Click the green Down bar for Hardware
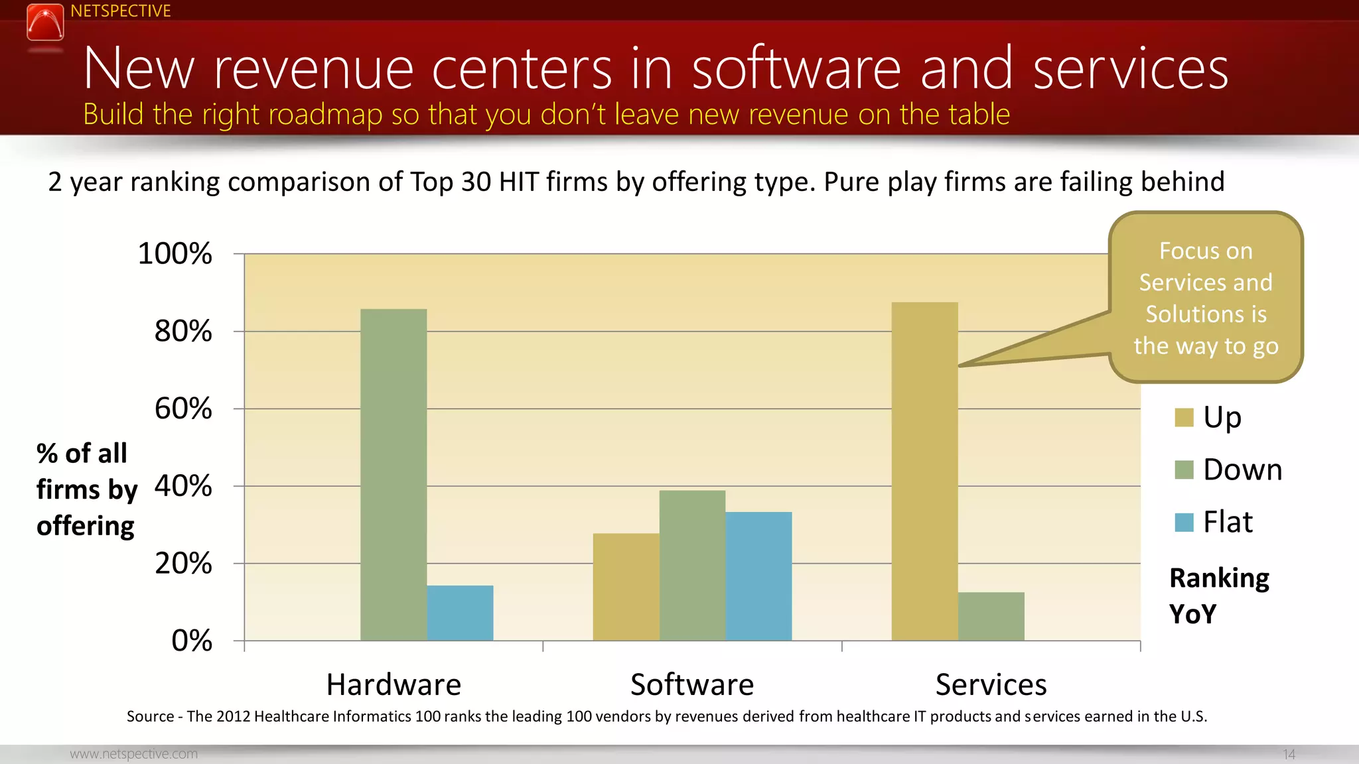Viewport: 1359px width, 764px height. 393,474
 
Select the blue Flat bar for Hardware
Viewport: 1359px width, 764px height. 460,613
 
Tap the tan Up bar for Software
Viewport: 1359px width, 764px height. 626,587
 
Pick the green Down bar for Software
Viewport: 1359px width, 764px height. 692,565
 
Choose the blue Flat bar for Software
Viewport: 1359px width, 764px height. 758,576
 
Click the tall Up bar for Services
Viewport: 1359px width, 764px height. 924,471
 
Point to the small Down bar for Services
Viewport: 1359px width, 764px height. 991,616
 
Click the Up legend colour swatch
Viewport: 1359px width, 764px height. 1184,418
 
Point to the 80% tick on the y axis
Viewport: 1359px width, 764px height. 183,331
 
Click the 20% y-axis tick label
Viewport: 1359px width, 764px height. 183,564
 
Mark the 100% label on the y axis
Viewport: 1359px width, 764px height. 175,253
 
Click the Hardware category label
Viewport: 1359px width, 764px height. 393,684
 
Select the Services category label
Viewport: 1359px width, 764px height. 991,684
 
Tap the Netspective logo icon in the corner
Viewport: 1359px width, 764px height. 45,23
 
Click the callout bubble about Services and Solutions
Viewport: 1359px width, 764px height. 1206,298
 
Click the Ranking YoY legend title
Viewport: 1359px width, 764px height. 1218,596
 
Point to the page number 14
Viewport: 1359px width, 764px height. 1289,754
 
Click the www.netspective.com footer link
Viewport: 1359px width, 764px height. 133,754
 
